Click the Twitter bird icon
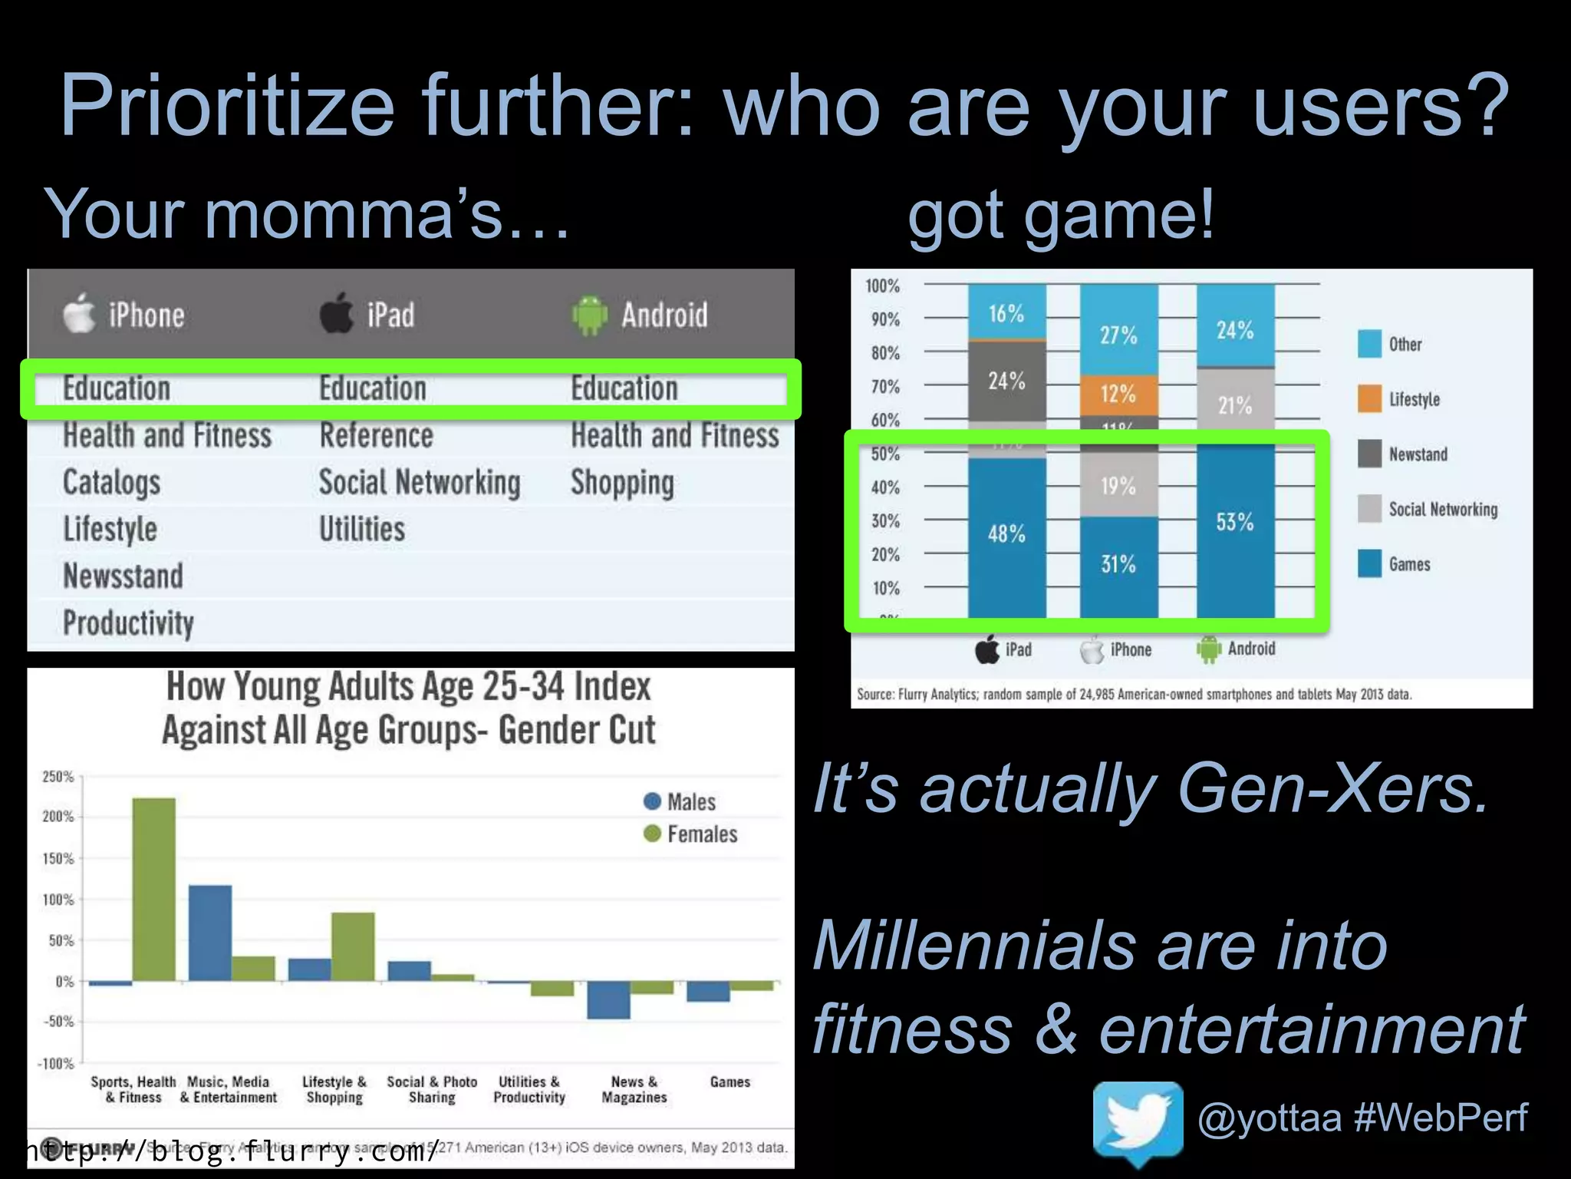tap(1138, 1122)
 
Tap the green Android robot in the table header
tap(589, 315)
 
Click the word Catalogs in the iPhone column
tap(112, 483)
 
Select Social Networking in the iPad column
tap(420, 483)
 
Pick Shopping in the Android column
tap(622, 483)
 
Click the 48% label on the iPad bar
tap(1006, 533)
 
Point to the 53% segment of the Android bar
tap(1235, 523)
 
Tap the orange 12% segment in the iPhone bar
tap(1118, 395)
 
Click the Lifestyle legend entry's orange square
tap(1369, 398)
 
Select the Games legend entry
tap(1408, 564)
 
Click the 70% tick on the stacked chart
tap(884, 386)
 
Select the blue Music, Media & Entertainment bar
tap(210, 933)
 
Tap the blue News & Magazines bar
tap(608, 999)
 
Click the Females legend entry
tap(700, 834)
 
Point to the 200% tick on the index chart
tap(58, 817)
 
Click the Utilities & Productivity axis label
tap(529, 1089)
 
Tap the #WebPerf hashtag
tap(1441, 1117)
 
